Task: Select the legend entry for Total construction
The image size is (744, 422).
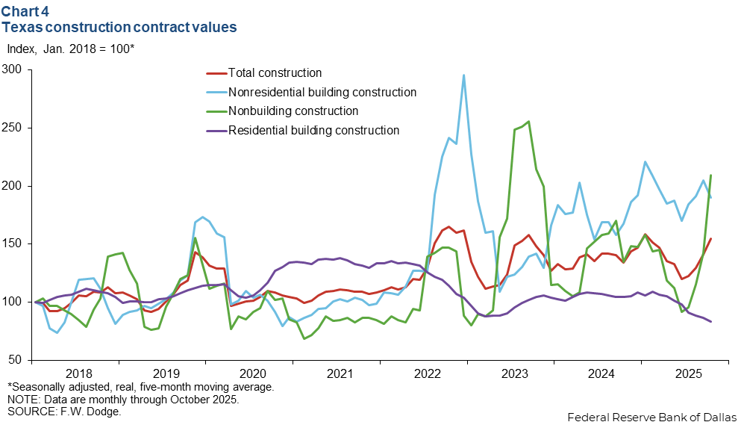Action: (275, 73)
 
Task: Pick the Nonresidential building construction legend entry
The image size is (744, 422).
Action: (322, 93)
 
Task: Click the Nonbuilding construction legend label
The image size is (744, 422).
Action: (293, 111)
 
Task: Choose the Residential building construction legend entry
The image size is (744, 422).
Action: (313, 130)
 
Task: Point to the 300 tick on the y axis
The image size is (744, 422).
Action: (13, 69)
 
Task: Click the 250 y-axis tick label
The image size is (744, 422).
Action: (13, 128)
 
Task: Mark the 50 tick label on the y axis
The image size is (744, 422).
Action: (16, 360)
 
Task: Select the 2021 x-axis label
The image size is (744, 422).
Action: (340, 373)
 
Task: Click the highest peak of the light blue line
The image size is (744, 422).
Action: (463, 75)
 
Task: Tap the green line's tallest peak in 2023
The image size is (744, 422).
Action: (528, 122)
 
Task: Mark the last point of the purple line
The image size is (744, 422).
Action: (710, 322)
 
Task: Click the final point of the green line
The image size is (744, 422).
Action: (710, 176)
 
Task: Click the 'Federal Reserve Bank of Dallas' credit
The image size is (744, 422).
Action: (651, 415)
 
